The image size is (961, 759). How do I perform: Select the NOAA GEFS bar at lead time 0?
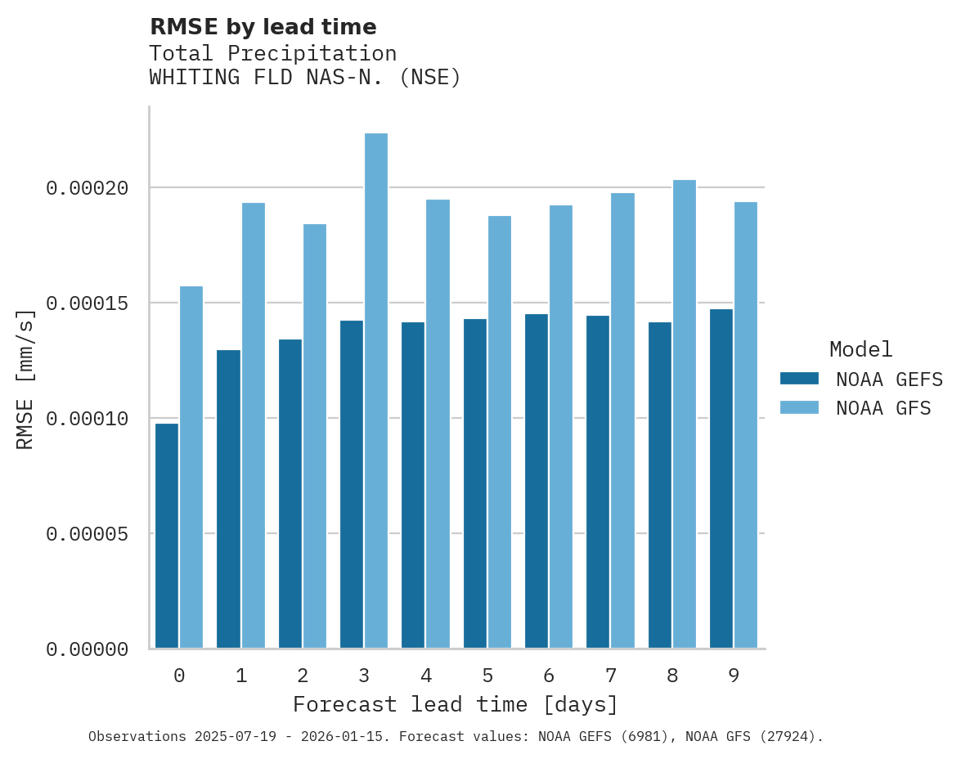pos(167,536)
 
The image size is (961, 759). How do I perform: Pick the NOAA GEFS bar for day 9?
pos(721,478)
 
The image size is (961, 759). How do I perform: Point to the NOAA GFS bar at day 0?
pos(191,467)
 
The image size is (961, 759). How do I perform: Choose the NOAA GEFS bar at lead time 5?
pos(475,483)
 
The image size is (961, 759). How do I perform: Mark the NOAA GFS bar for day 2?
pos(315,436)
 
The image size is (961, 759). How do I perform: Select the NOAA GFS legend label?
pos(883,407)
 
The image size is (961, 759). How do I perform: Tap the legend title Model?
pos(860,349)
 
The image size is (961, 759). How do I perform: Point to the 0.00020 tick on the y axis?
pos(88,188)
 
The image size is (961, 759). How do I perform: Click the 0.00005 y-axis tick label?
pos(88,534)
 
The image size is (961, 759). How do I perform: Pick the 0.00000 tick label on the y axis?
pos(88,649)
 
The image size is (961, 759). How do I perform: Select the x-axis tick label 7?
pos(610,676)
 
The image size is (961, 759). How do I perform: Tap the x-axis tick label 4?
pos(425,676)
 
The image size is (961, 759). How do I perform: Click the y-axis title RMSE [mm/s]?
pos(25,379)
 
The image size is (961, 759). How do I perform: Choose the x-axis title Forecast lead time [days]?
pos(456,704)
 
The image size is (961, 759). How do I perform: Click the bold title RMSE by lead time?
pos(263,27)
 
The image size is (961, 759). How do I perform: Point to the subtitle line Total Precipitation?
pos(272,53)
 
